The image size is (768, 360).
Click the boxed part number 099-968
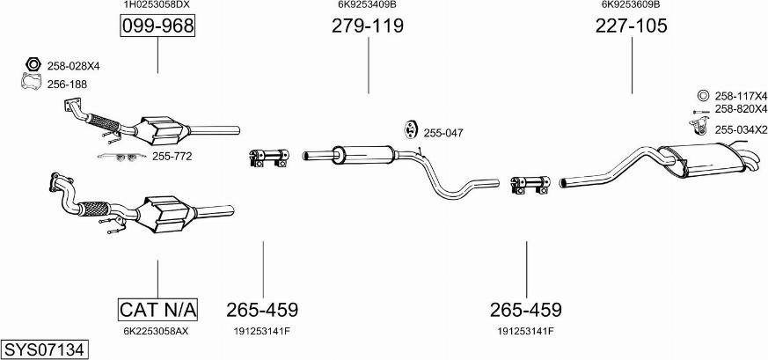[157, 26]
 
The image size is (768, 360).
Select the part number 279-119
[368, 26]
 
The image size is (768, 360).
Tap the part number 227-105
[632, 26]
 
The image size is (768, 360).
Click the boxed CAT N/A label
[157, 310]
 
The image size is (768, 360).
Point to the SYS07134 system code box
[45, 350]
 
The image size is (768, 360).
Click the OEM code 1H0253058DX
[157, 4]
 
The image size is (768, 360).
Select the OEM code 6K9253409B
[368, 4]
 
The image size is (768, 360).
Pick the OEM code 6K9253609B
[631, 4]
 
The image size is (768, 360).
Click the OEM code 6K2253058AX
[156, 331]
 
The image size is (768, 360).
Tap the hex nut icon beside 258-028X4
[33, 64]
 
